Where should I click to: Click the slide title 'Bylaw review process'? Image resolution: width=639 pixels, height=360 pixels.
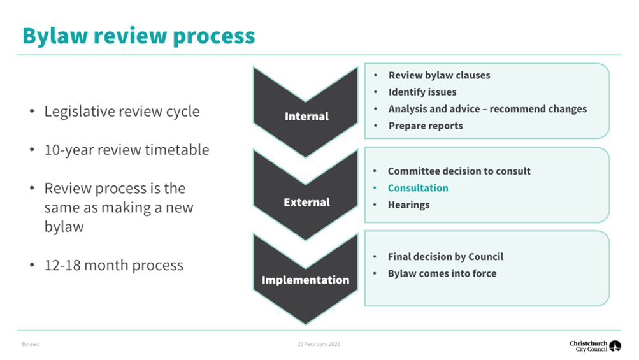click(138, 36)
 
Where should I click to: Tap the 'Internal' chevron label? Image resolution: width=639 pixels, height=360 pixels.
click(306, 116)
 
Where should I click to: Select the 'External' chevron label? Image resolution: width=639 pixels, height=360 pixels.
click(306, 202)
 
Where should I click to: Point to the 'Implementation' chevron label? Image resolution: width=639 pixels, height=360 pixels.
click(305, 280)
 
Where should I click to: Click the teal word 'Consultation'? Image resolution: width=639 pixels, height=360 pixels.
click(418, 188)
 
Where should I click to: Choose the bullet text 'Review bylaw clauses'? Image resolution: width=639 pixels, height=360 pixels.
click(440, 75)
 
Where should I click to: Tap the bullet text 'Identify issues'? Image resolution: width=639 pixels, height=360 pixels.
click(422, 92)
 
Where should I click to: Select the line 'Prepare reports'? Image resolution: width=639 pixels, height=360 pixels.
click(426, 126)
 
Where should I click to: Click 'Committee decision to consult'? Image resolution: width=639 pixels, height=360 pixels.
click(459, 171)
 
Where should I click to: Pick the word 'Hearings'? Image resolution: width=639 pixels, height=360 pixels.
click(408, 205)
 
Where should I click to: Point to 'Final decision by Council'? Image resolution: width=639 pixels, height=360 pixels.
click(445, 257)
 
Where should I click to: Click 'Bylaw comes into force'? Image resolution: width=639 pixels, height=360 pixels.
click(442, 273)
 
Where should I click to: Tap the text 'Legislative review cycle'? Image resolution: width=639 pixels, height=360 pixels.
click(122, 112)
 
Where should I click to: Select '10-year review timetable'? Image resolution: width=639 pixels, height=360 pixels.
click(127, 150)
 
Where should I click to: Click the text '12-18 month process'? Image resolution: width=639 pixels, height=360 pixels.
click(113, 266)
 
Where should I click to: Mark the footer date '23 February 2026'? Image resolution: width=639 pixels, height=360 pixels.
click(319, 344)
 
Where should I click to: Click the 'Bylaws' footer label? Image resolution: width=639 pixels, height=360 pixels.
click(30, 344)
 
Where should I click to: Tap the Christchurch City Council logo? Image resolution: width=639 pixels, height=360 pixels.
click(595, 346)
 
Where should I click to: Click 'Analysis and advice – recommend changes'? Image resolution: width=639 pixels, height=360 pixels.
click(487, 109)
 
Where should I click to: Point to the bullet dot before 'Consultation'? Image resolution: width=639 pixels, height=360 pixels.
click(375, 188)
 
